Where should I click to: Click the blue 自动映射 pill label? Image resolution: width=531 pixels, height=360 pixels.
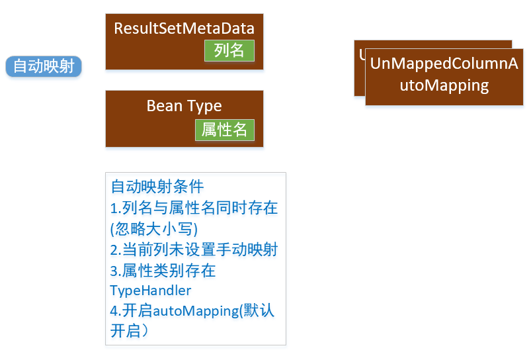44,66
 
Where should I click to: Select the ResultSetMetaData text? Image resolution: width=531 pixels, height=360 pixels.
184,28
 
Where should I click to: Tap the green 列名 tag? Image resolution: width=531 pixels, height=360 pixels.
229,50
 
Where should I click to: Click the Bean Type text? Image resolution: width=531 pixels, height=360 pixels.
184,106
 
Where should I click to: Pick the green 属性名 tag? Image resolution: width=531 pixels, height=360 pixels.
225,130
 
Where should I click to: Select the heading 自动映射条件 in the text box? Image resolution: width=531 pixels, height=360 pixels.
157,187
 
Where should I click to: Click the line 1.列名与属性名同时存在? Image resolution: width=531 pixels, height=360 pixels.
194,208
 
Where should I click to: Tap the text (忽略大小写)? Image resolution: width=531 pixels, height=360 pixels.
154,229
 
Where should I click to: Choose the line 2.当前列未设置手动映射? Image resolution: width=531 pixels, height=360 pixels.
194,249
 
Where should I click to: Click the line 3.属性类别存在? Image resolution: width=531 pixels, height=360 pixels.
163,270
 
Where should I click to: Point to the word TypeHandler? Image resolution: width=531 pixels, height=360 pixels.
151,291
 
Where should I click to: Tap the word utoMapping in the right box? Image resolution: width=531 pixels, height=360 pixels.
444,85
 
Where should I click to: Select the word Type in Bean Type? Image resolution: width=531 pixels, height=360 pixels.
204,106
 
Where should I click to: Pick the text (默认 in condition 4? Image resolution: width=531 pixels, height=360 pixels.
257,311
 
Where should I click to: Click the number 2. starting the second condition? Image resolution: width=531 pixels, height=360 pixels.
116,250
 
